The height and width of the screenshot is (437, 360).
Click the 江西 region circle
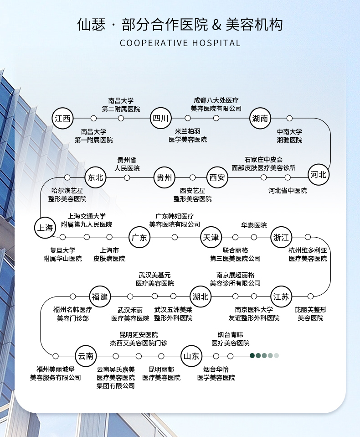tap(62, 118)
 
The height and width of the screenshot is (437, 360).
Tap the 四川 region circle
tap(161, 118)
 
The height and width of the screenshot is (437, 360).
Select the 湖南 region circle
tap(260, 118)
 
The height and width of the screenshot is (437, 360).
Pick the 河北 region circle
tap(318, 175)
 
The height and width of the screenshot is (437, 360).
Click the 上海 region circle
tap(45, 228)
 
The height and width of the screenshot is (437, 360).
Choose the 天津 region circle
tap(211, 238)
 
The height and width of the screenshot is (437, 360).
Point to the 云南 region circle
tap(86, 356)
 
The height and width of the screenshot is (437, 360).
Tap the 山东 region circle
tap(191, 356)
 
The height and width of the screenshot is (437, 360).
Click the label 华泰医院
tap(254, 225)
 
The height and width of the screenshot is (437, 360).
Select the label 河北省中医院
tap(288, 191)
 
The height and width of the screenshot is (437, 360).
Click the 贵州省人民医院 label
tap(127, 164)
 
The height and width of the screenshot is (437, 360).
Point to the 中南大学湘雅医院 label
tap(289, 136)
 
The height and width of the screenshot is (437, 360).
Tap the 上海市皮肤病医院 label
tap(109, 255)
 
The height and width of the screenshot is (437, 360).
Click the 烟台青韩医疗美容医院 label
tap(231, 338)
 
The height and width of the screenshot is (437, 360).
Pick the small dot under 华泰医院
tap(254, 237)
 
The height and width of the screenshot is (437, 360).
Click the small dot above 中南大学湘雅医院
tap(289, 118)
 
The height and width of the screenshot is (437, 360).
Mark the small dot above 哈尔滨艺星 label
tap(67, 177)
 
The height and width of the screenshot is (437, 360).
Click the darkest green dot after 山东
tap(252, 355)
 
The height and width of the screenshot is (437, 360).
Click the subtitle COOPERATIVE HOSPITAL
tap(180, 43)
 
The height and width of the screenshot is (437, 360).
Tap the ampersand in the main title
tap(216, 25)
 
